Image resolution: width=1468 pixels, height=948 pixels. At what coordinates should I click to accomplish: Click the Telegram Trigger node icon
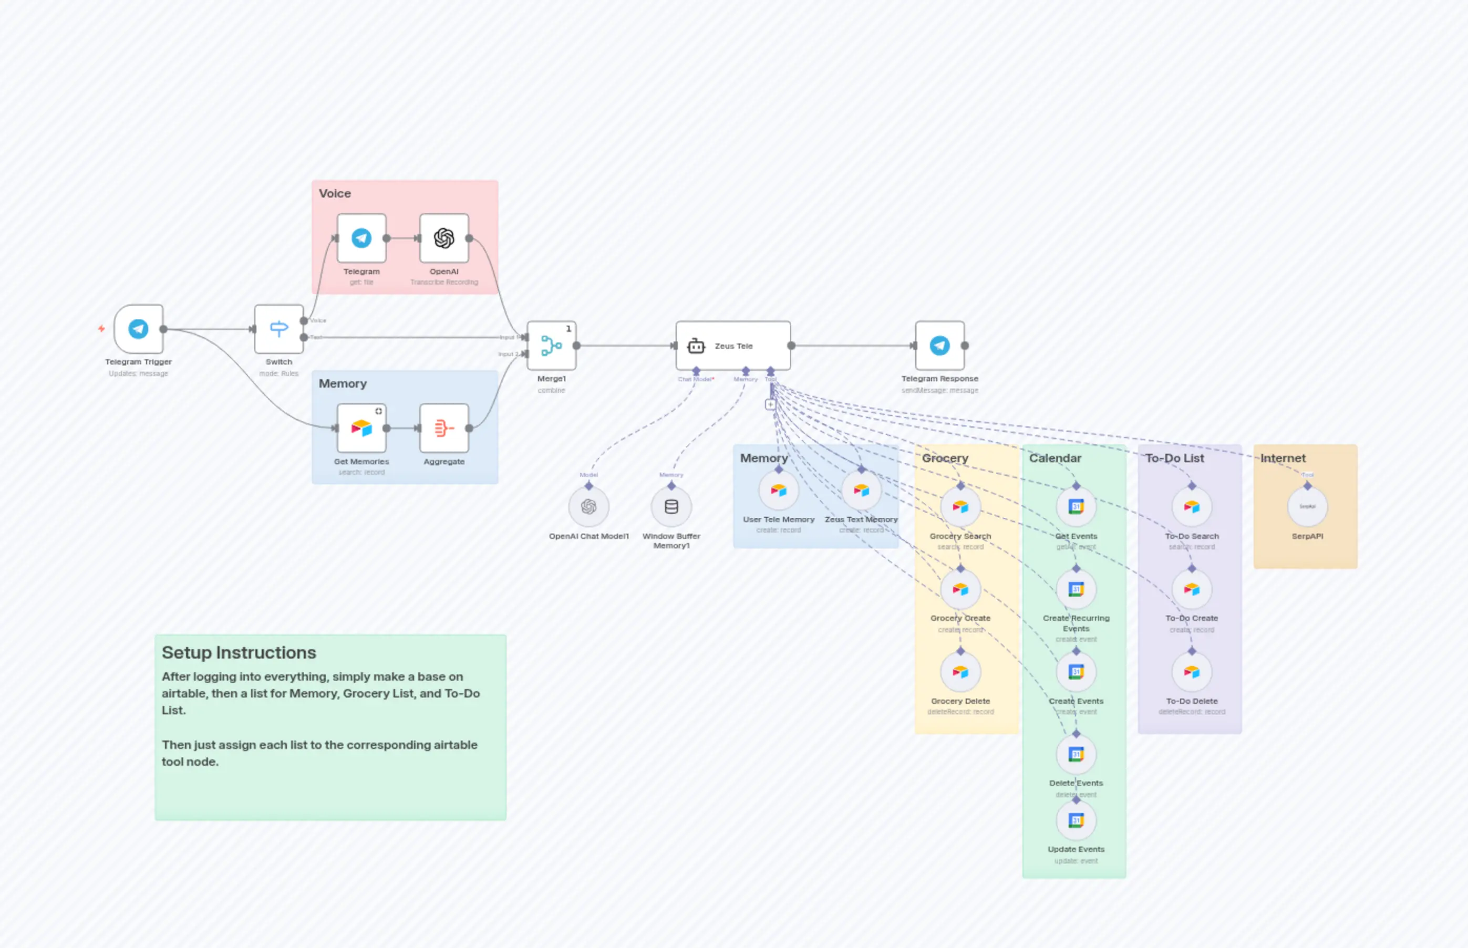tap(139, 329)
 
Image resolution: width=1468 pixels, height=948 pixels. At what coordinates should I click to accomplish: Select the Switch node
tap(279, 329)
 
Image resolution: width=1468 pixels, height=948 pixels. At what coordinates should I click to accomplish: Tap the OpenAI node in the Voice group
tap(444, 238)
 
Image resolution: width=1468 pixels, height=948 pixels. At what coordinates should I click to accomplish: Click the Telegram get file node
tap(361, 238)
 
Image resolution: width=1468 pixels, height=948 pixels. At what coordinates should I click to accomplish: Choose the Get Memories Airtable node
tap(361, 429)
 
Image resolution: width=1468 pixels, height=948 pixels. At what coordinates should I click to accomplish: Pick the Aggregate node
tap(444, 429)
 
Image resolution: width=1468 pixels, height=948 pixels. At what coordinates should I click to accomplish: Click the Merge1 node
tap(551, 346)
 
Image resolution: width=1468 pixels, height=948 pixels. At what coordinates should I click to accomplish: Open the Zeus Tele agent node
tap(733, 346)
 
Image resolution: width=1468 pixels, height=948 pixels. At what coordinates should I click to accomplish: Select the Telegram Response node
tap(939, 346)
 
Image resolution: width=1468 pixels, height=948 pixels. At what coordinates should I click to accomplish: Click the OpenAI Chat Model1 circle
tap(588, 507)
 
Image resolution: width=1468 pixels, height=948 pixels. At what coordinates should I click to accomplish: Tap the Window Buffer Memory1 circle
tap(671, 507)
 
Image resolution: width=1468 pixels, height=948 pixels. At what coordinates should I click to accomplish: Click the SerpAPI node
tap(1307, 507)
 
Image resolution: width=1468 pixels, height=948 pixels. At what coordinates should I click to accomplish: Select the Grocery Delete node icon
tap(960, 672)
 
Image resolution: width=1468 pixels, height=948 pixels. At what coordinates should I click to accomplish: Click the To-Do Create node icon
tap(1192, 589)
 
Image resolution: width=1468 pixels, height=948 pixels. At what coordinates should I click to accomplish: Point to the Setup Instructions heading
tap(239, 652)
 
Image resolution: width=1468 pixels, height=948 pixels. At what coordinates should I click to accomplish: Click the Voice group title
tap(335, 193)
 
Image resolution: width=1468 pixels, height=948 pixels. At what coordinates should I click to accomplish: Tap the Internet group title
tap(1283, 458)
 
